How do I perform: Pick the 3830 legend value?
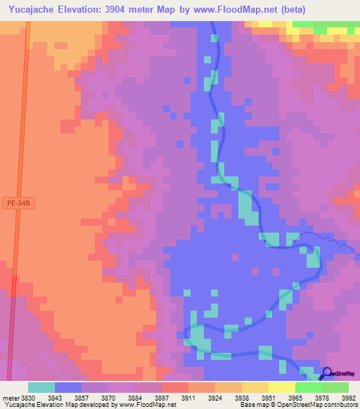point(28,398)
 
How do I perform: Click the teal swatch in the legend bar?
point(41,387)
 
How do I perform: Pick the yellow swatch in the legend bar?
point(281,387)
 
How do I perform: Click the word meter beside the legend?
point(10,398)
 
